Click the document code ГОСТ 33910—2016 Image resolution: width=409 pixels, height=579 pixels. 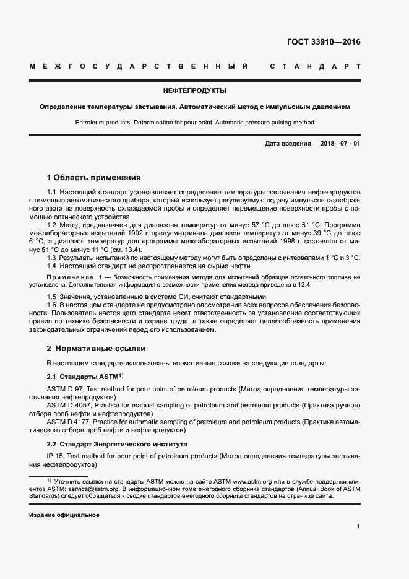[324, 43]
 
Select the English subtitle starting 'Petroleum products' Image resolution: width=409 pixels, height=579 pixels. [194, 123]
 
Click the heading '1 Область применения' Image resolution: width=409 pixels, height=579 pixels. [94, 177]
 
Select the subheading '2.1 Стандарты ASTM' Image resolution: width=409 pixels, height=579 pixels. [85, 377]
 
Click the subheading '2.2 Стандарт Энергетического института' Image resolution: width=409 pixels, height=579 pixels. [118, 445]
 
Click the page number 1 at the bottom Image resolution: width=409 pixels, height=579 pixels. [358, 526]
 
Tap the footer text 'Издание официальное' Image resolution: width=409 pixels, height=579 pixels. [64, 515]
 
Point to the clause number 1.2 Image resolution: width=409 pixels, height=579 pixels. [52, 225]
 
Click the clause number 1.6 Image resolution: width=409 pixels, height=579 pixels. [52, 305]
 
